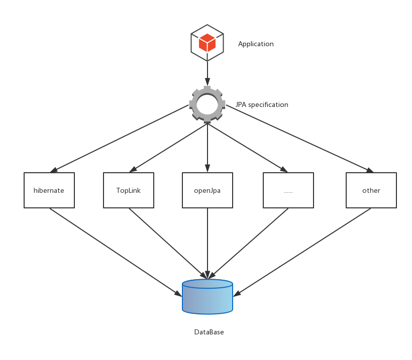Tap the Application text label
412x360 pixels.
pyautogui.click(x=256, y=44)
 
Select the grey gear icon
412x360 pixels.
pyautogui.click(x=207, y=104)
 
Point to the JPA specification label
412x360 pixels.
pyautogui.click(x=262, y=105)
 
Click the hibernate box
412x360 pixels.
pyautogui.click(x=49, y=190)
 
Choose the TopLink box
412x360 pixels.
pyautogui.click(x=129, y=190)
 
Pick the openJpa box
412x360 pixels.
pyautogui.click(x=208, y=190)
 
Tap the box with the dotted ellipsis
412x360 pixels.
pyautogui.click(x=288, y=190)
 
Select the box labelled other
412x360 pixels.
pyautogui.click(x=371, y=190)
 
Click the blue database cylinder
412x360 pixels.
pyautogui.click(x=208, y=297)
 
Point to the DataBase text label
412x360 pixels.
pyautogui.click(x=209, y=332)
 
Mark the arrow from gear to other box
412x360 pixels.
pyautogui.click(x=299, y=139)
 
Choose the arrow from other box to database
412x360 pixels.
pyautogui.click(x=301, y=253)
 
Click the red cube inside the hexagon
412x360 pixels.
pyautogui.click(x=207, y=43)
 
